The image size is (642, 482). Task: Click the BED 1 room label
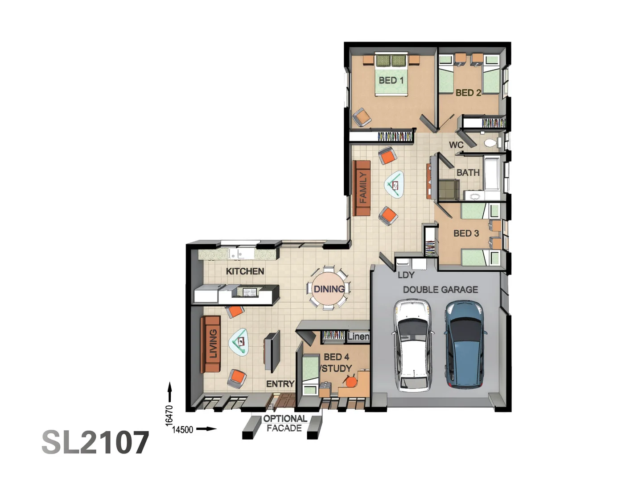[391, 80]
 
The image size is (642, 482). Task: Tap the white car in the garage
[413, 345]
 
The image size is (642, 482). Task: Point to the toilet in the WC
[493, 143]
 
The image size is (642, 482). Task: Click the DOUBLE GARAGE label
[440, 290]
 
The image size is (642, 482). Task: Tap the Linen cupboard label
[358, 337]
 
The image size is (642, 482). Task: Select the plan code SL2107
[95, 442]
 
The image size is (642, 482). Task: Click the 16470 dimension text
[169, 416]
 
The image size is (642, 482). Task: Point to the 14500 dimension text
[182, 430]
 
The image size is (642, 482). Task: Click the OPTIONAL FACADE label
[285, 423]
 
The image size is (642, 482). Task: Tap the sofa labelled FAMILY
[362, 188]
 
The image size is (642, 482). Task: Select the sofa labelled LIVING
[210, 344]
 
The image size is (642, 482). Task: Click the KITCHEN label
[245, 271]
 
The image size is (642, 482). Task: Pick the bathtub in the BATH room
[492, 174]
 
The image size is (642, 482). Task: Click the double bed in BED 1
[391, 75]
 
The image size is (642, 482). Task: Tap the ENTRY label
[280, 384]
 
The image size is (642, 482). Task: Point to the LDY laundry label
[406, 275]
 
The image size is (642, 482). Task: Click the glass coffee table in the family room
[394, 185]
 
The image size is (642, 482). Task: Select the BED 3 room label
[466, 233]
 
